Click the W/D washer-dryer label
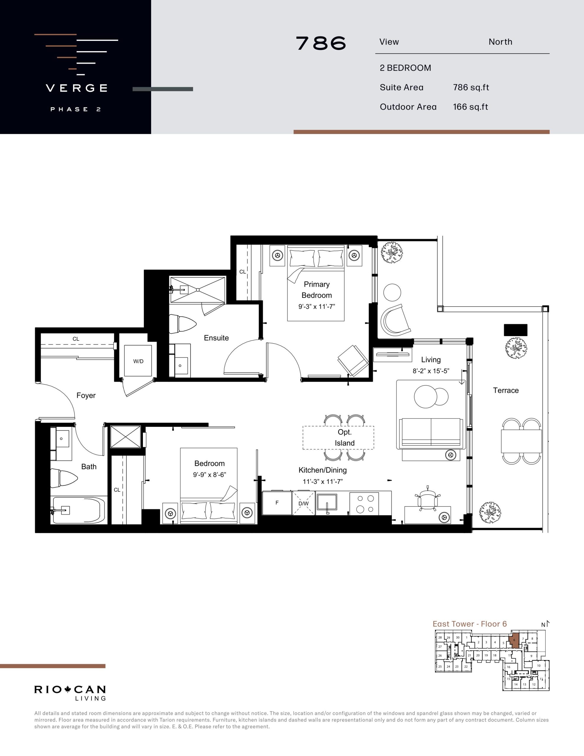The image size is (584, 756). [138, 361]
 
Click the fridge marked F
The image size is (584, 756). [277, 503]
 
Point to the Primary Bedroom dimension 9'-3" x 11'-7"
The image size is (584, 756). [317, 306]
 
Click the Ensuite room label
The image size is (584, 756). [216, 338]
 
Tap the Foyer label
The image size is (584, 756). [86, 395]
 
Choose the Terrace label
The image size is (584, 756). [506, 390]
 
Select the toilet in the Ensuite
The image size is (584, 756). [182, 324]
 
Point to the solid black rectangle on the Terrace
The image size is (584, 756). [516, 330]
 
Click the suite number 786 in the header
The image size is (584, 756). [321, 43]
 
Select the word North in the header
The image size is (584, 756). [500, 42]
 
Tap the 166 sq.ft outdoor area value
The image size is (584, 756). [470, 107]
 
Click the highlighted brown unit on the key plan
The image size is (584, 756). [514, 640]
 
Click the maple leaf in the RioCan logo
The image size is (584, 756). [68, 690]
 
